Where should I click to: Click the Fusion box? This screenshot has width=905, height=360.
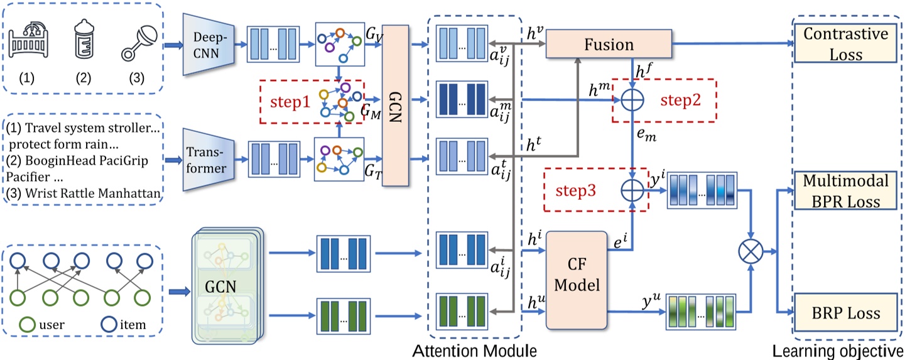point(609,45)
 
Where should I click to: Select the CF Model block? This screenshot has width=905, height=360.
point(577,279)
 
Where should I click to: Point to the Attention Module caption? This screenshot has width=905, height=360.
point(475,350)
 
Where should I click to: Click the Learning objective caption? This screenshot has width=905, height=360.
point(838,350)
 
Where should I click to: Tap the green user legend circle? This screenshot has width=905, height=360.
point(27,324)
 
